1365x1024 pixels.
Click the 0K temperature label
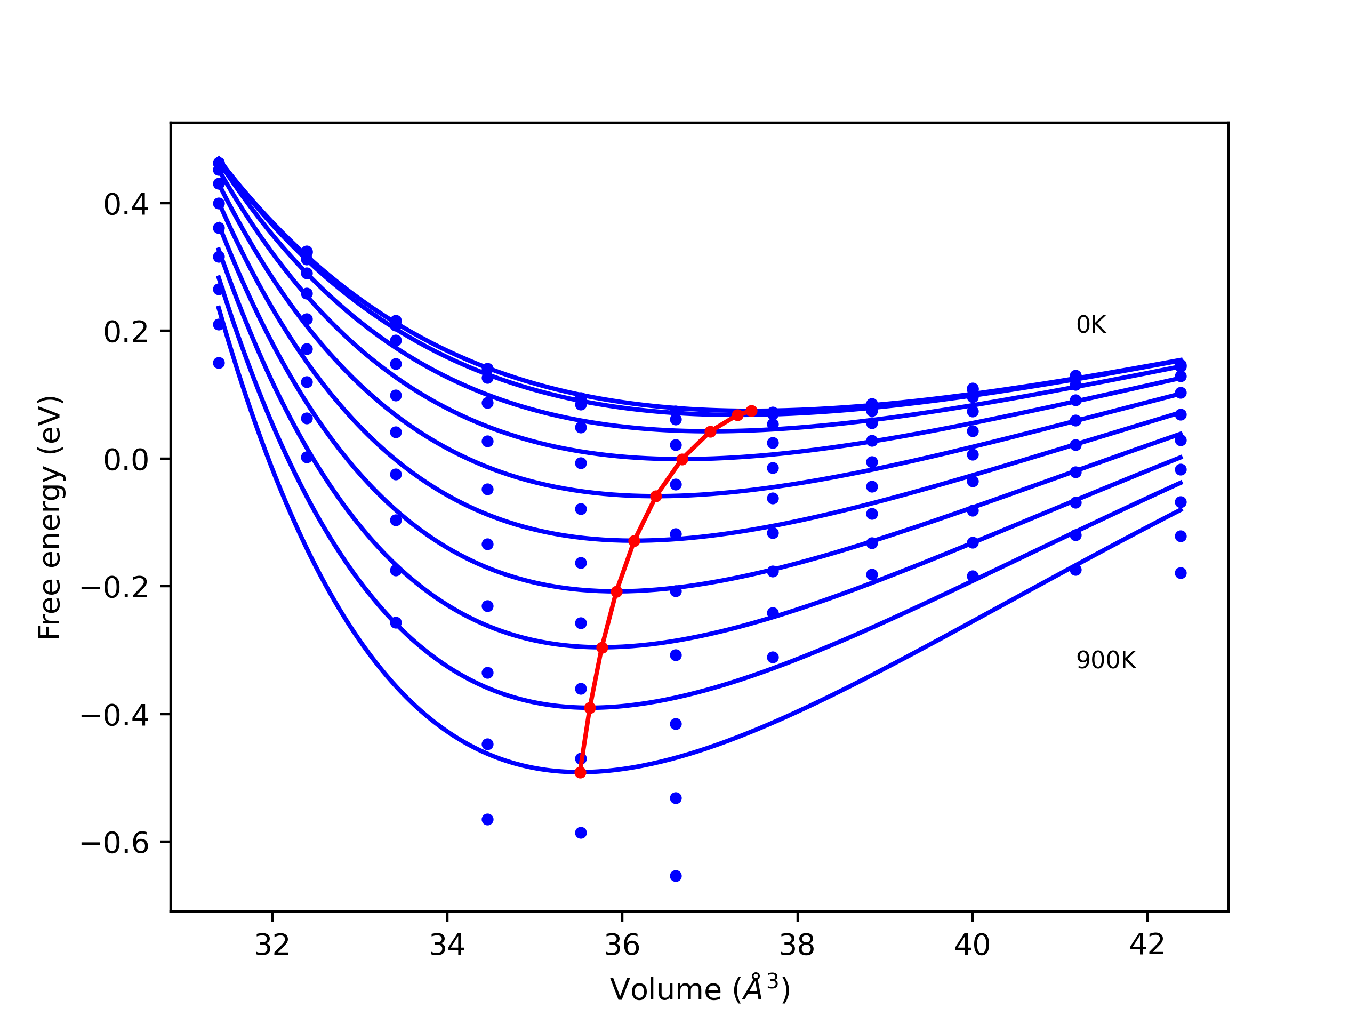1091,325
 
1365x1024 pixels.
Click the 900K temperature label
1106,660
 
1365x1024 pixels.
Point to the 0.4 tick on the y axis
126,204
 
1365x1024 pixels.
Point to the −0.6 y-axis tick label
115,843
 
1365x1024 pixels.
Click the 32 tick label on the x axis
272,945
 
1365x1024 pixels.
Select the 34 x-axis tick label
447,945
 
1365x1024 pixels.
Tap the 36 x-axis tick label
622,945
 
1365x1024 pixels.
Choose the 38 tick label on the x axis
797,945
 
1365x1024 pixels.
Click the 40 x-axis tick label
972,945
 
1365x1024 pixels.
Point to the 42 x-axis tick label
1147,945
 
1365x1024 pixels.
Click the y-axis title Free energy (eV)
50,517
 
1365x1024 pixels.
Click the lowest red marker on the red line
580,773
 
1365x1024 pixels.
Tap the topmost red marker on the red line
752,411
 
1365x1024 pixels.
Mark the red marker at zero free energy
682,459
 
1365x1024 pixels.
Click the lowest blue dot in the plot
676,876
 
